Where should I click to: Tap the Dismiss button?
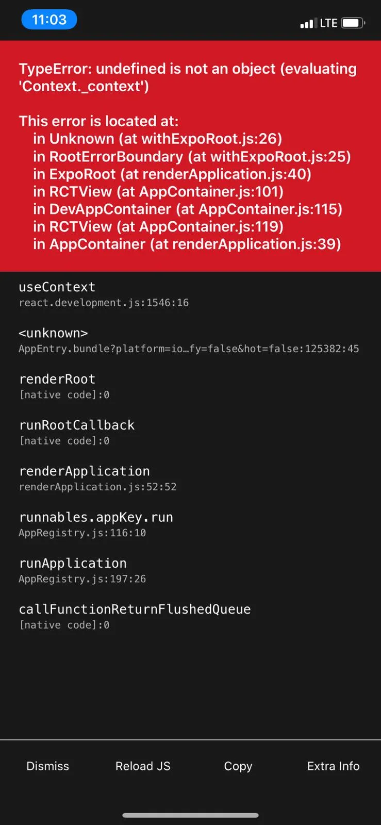(47, 766)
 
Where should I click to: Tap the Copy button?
(238, 766)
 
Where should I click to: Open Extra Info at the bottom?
(333, 766)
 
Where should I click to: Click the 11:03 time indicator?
(49, 20)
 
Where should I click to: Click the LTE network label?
(328, 23)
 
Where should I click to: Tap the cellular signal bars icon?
(308, 23)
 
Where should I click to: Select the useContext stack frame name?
(57, 287)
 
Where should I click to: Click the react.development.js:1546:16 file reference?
(104, 303)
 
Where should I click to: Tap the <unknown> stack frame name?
(53, 333)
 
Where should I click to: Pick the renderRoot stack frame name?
(57, 379)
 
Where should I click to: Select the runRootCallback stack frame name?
(76, 425)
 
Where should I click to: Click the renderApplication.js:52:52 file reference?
(97, 487)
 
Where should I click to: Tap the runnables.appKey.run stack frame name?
(96, 517)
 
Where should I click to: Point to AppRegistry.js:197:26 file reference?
(82, 579)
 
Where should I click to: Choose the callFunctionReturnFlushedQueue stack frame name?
(135, 609)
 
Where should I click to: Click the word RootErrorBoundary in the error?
(116, 157)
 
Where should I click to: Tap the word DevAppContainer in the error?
(110, 209)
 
